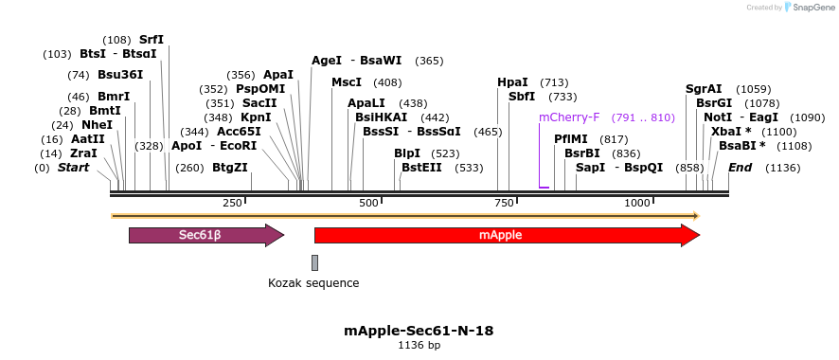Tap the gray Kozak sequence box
pyautogui.click(x=314, y=262)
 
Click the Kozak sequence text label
pyautogui.click(x=313, y=282)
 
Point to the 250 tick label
pyautogui.click(x=232, y=204)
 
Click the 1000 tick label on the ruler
pyautogui.click(x=637, y=204)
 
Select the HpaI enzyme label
pyautogui.click(x=512, y=82)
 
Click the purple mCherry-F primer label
pyautogui.click(x=569, y=117)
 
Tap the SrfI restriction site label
pyautogui.click(x=152, y=40)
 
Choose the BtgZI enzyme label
pyautogui.click(x=230, y=168)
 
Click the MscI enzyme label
pyautogui.click(x=347, y=82)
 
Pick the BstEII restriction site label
pyautogui.click(x=421, y=168)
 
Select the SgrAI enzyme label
pyautogui.click(x=704, y=89)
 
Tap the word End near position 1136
pyautogui.click(x=741, y=168)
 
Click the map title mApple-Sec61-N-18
pyautogui.click(x=419, y=331)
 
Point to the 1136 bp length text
pyautogui.click(x=419, y=346)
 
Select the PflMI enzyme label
pyautogui.click(x=571, y=138)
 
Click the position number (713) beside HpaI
pyautogui.click(x=554, y=82)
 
